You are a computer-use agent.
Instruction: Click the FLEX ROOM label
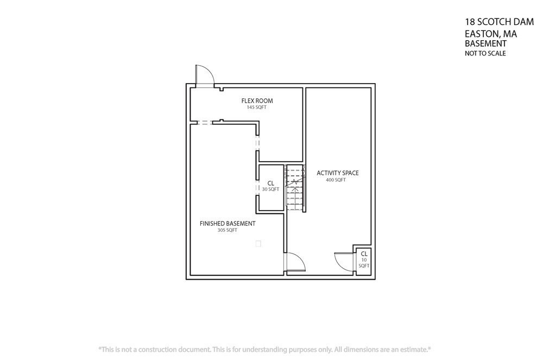coord(257,101)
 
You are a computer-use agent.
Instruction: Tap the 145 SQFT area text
coord(256,107)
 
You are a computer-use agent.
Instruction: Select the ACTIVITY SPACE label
coord(338,173)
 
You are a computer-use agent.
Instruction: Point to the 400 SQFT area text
coord(336,180)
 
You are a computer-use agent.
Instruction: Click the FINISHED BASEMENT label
coord(228,224)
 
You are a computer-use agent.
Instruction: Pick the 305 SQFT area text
coord(228,230)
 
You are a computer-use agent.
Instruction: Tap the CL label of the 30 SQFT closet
coord(270,184)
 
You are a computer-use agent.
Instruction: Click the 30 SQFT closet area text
coord(270,190)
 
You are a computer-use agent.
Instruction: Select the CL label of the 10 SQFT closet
coord(364,254)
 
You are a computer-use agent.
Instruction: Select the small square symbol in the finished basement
coord(258,244)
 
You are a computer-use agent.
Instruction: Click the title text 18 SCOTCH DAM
coord(500,22)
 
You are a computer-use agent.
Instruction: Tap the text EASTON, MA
coord(491,34)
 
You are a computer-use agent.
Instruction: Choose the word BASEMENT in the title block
coord(485,43)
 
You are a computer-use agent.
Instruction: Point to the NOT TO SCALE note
coord(485,53)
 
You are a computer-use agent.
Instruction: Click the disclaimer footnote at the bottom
coord(264,349)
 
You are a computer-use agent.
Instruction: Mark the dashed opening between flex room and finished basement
coord(205,122)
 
